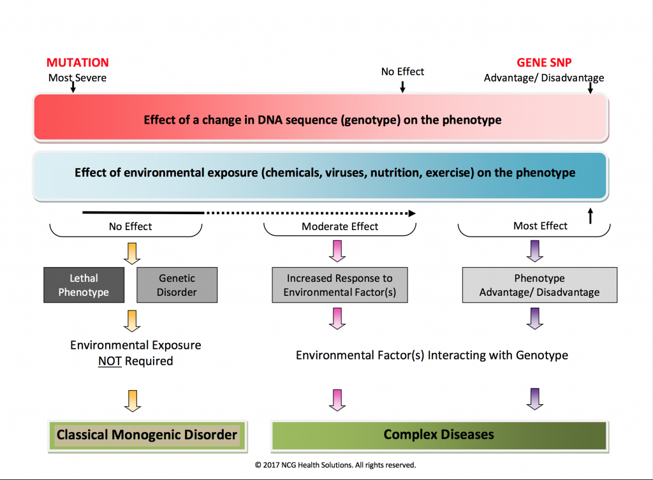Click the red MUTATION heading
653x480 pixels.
click(77, 62)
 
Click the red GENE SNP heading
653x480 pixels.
click(544, 62)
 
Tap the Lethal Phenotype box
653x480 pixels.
click(84, 285)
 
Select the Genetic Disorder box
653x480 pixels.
click(177, 285)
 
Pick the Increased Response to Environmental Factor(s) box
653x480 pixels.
click(340, 285)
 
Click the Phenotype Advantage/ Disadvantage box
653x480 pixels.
click(539, 285)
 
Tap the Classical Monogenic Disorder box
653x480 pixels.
click(148, 436)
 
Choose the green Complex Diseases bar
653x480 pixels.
click(439, 436)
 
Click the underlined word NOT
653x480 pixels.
click(110, 361)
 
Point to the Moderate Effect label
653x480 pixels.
click(340, 226)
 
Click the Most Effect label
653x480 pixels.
click(540, 226)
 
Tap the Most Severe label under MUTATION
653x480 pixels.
click(77, 78)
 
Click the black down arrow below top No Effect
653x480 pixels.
click(402, 87)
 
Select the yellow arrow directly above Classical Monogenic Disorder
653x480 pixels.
click(133, 401)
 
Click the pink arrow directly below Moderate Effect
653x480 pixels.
click(337, 251)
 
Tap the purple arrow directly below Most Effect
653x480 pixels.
click(535, 251)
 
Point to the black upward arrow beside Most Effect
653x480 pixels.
click(590, 216)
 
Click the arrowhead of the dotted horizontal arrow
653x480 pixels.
click(412, 214)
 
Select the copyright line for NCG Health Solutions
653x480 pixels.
click(335, 465)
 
